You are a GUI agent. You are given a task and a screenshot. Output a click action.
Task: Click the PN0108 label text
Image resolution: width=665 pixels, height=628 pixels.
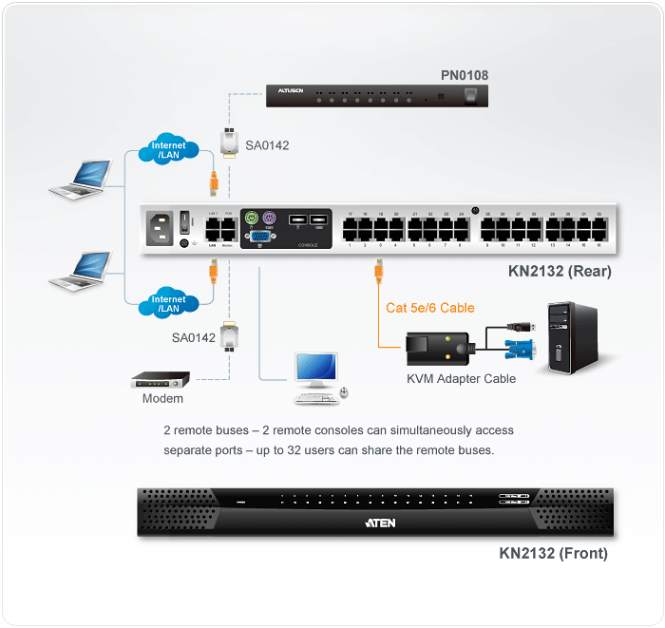pyautogui.click(x=464, y=75)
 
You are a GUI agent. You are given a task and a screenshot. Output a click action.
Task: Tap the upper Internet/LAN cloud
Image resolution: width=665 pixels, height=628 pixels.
pyautogui.click(x=168, y=150)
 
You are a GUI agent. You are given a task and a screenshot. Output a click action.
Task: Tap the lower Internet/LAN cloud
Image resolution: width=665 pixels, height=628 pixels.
pyautogui.click(x=168, y=303)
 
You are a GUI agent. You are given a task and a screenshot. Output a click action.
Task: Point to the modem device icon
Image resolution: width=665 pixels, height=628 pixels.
pyautogui.click(x=161, y=379)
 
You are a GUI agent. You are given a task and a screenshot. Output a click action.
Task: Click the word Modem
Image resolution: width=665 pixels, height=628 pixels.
pyautogui.click(x=162, y=399)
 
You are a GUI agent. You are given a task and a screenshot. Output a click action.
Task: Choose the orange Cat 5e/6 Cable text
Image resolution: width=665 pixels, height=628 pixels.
pyautogui.click(x=430, y=308)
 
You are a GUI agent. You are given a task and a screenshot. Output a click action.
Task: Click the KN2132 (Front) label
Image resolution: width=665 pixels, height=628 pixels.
pyautogui.click(x=553, y=553)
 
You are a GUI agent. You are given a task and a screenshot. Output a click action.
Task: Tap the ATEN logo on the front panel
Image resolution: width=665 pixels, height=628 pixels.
pyautogui.click(x=380, y=523)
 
